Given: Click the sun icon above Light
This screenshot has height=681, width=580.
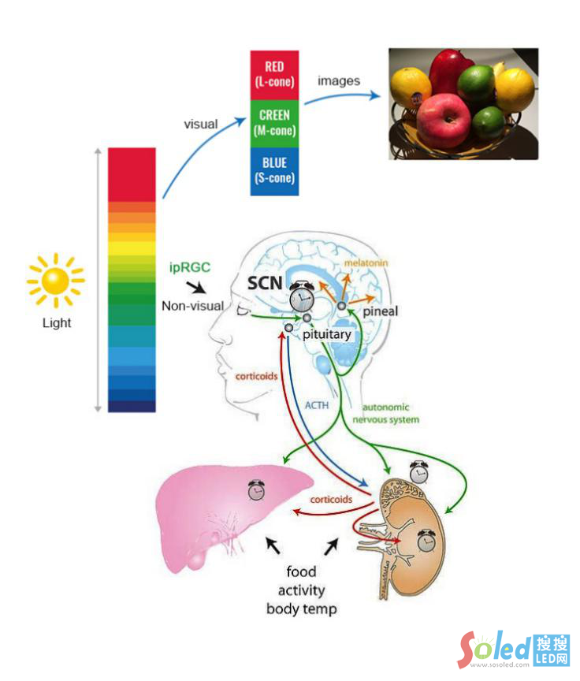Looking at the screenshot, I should coord(55,281).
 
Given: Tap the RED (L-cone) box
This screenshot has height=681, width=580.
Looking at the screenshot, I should coord(274,74).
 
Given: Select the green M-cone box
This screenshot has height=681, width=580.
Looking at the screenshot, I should coord(274,123).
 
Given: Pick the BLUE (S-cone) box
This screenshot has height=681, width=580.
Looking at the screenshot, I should coord(274,170).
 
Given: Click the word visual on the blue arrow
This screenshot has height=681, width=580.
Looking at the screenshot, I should coord(200,125).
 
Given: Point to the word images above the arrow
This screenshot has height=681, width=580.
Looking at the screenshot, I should coord(339,80).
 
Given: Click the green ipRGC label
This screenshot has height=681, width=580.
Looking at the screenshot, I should coord(189,267).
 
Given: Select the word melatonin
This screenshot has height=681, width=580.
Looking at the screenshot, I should coord(366,262).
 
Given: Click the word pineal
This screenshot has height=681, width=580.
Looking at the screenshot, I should coord(381,311).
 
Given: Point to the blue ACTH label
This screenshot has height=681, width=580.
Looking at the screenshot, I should coord(318,404).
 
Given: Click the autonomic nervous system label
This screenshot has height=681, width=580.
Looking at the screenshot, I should coord(386,414).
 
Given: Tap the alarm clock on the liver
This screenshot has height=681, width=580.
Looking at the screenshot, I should coord(256,489).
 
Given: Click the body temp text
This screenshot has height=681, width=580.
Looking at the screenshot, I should coord(301,608).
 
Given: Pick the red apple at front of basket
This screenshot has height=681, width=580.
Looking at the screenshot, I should coord(443,120).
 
